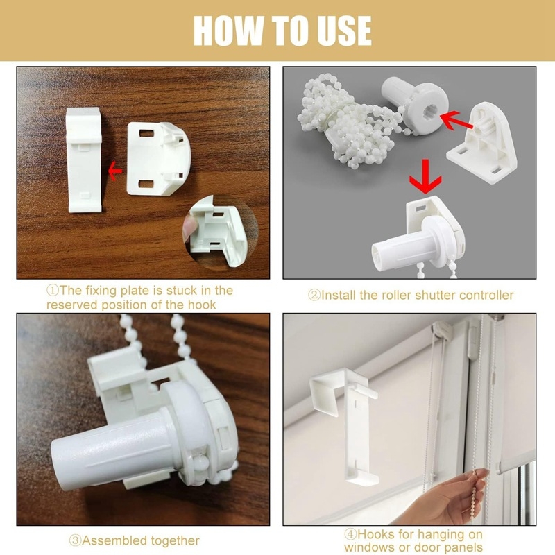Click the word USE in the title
pos(344,31)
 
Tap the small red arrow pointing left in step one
pos(114,171)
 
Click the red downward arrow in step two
pos(425,176)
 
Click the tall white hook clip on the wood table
pos(84,160)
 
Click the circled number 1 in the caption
pos(53,291)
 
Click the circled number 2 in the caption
pos(314,296)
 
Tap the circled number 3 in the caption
pos(76,540)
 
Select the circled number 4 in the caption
pos(350,533)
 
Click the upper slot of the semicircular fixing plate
pos(146,133)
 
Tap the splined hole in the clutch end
pos(429,112)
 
